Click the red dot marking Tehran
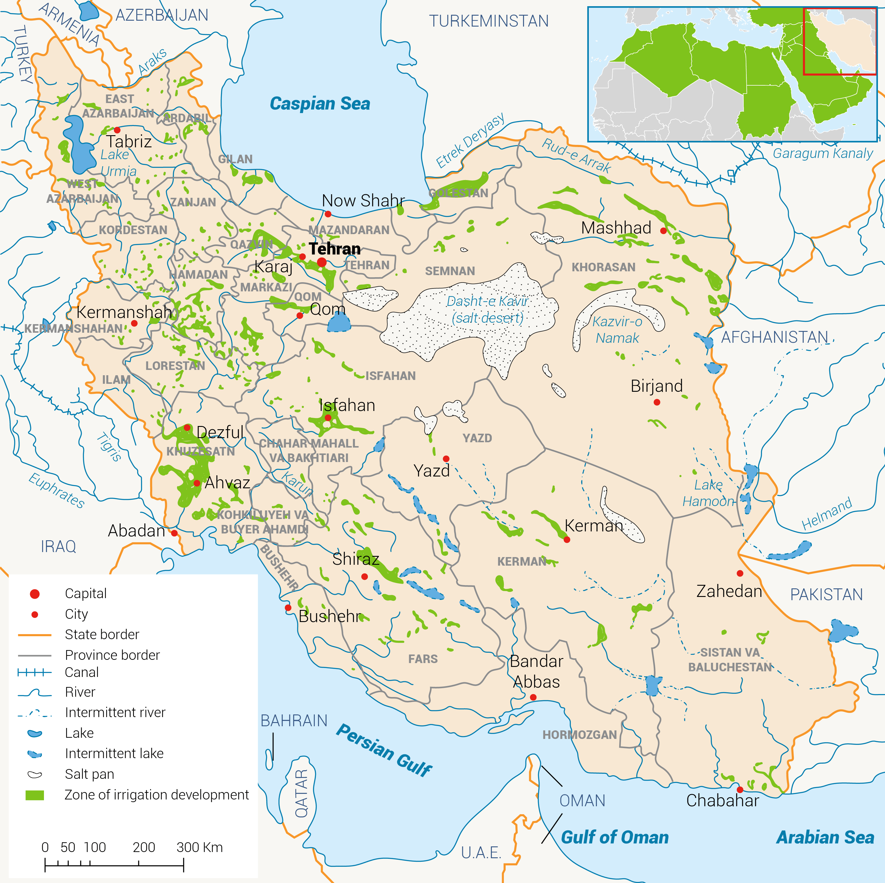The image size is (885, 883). pyautogui.click(x=322, y=262)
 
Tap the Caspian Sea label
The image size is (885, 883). pyautogui.click(x=320, y=104)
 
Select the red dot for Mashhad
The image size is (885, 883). pyautogui.click(x=663, y=231)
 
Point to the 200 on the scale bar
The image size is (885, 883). pyautogui.click(x=144, y=847)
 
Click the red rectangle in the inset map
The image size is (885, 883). pyautogui.click(x=839, y=41)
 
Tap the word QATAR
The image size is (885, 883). pyautogui.click(x=301, y=793)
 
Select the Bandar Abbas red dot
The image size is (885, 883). pyautogui.click(x=533, y=697)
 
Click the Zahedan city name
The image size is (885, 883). pyautogui.click(x=729, y=591)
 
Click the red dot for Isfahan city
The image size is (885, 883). pyautogui.click(x=328, y=418)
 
